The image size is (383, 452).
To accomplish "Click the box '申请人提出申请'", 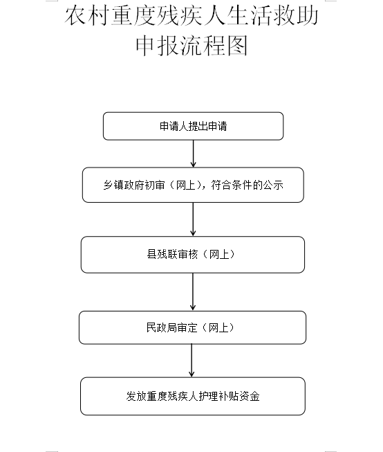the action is [193, 126].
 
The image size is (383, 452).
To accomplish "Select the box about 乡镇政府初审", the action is [193, 185].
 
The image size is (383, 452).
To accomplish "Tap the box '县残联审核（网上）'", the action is [193, 255].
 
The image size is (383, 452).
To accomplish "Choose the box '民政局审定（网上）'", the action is [192, 327].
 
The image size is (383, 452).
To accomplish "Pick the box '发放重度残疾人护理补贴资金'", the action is [193, 396].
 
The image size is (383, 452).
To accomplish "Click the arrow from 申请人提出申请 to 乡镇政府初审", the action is [193, 154].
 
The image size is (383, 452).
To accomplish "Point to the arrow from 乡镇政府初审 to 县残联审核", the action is [193, 219].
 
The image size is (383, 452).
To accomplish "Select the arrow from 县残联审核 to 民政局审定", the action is [193, 291].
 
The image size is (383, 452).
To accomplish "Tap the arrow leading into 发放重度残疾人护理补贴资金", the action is [192, 361].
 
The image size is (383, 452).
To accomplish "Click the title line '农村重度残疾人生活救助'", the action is [192, 16].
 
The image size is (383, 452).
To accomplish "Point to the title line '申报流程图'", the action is [192, 46].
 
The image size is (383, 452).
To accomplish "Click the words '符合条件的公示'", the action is [247, 185].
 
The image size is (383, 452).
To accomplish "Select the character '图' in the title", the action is [237, 46].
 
